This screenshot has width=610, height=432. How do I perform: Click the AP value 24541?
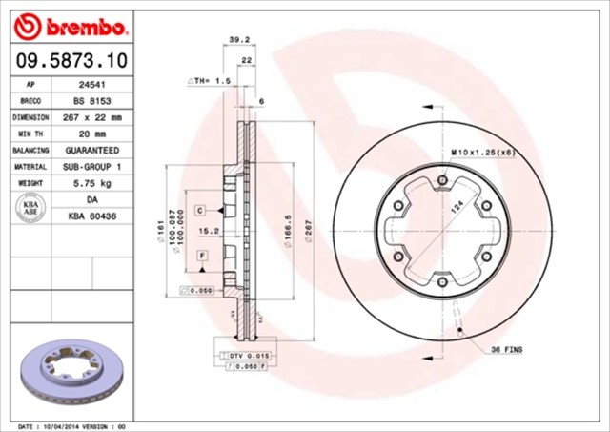pyautogui.click(x=91, y=84)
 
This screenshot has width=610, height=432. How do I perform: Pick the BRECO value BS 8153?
pyautogui.click(x=91, y=100)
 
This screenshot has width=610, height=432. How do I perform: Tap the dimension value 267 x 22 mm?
pyautogui.click(x=91, y=117)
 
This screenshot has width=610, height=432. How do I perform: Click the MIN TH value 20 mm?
pyautogui.click(x=91, y=134)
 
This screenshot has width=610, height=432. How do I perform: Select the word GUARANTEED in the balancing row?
pyautogui.click(x=91, y=151)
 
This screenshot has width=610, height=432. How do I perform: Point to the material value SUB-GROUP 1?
pyautogui.click(x=91, y=167)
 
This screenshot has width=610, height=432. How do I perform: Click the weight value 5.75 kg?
pyautogui.click(x=91, y=183)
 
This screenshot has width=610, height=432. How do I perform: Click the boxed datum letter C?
pyautogui.click(x=202, y=209)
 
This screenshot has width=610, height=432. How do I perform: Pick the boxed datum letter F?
pyautogui.click(x=203, y=257)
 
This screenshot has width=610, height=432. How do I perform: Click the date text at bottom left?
pyautogui.click(x=71, y=425)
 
